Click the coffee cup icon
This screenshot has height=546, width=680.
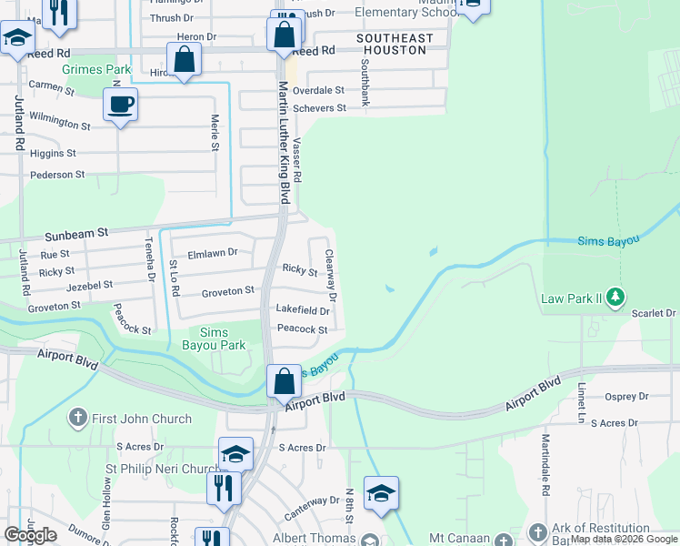coord(120,105)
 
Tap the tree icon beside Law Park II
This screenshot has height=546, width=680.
coord(616,297)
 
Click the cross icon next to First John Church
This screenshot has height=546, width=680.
coord(78,419)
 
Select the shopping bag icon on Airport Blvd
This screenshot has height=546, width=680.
coord(284,382)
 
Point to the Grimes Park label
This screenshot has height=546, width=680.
coord(96,69)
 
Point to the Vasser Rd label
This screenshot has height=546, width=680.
coord(297,158)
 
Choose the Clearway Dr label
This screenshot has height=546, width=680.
coord(331,277)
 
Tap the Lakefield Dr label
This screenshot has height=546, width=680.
coord(302,310)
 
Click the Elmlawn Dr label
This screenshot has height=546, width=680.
coord(212,253)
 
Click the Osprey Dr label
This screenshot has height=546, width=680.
coord(626,396)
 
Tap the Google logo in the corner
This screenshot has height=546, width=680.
coord(30,534)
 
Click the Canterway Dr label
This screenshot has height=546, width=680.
coord(310,500)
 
